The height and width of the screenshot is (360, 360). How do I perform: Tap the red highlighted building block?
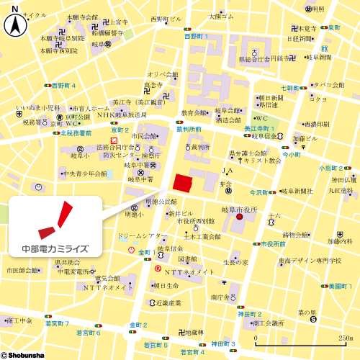tap(182, 182)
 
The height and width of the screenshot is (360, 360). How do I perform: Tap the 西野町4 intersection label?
tap(64, 85)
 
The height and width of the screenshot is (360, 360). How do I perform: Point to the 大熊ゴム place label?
tap(222, 15)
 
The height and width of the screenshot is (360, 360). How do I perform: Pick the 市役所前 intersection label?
tap(274, 244)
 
